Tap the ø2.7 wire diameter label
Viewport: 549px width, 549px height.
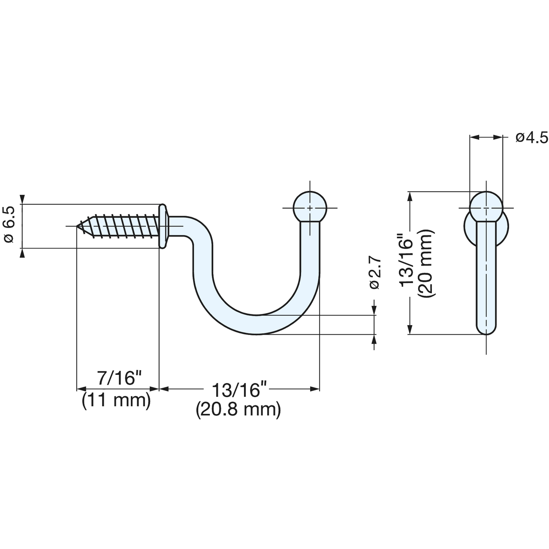click(x=374, y=273)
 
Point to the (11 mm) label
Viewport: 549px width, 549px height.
click(x=116, y=401)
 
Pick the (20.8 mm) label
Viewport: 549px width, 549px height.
click(x=238, y=410)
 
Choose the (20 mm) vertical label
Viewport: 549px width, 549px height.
click(x=426, y=262)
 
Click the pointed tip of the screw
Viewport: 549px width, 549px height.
click(x=77, y=226)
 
